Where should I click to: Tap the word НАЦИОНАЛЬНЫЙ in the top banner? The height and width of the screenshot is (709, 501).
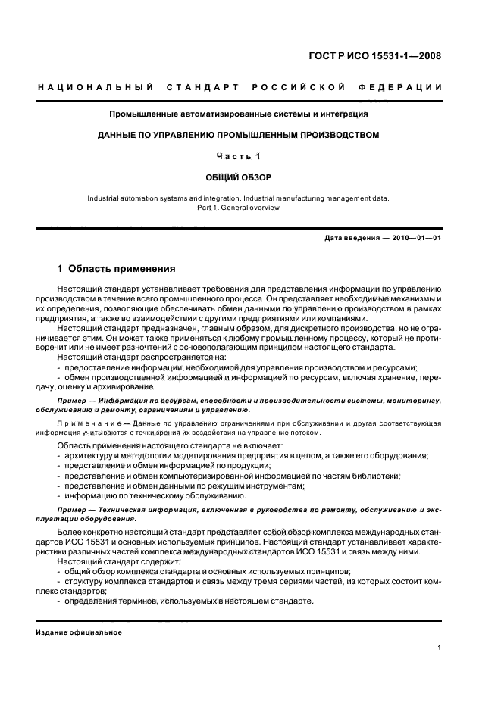tap(96, 89)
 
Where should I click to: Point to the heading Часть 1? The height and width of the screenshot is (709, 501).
tap(238, 156)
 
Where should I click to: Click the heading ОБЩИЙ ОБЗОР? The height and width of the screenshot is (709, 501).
tap(238, 177)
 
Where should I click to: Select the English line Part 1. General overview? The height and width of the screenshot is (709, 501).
tap(238, 207)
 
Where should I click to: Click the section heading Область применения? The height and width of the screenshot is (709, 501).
tap(121, 268)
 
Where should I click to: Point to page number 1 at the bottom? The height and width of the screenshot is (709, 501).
tap(440, 648)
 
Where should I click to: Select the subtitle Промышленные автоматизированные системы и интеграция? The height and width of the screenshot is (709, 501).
tap(238, 114)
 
